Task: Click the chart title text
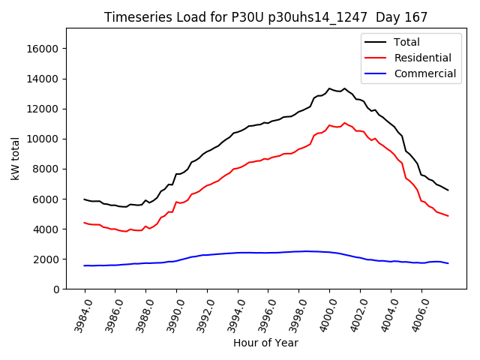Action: pos(259,17)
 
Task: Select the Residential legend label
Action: pos(422,58)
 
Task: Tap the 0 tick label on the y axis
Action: pos(56,289)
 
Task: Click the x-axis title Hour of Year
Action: pos(265,343)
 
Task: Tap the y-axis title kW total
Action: pos(15,158)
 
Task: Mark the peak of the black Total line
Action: pos(329,88)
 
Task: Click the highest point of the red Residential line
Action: pos(344,123)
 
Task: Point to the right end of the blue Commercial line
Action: pos(448,263)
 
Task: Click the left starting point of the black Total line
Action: pos(85,199)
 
